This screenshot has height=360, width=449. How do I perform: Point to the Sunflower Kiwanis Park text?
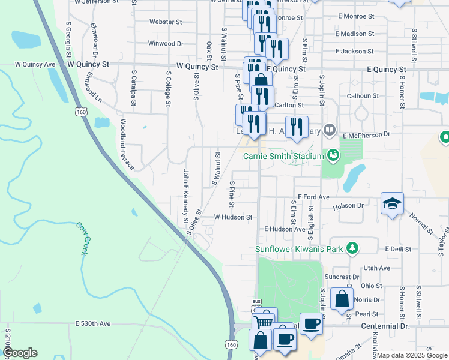click(298, 248)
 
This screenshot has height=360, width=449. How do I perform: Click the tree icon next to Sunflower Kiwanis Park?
click(354, 248)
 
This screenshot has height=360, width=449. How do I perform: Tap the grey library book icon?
click(329, 129)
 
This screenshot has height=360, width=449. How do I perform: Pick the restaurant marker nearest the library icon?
click(296, 126)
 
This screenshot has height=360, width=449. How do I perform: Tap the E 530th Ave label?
click(93, 323)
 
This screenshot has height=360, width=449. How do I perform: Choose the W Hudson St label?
click(232, 217)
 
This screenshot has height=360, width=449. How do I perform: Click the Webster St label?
click(166, 22)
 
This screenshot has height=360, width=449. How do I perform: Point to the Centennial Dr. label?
click(384, 326)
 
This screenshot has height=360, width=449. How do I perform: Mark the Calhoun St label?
click(363, 95)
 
